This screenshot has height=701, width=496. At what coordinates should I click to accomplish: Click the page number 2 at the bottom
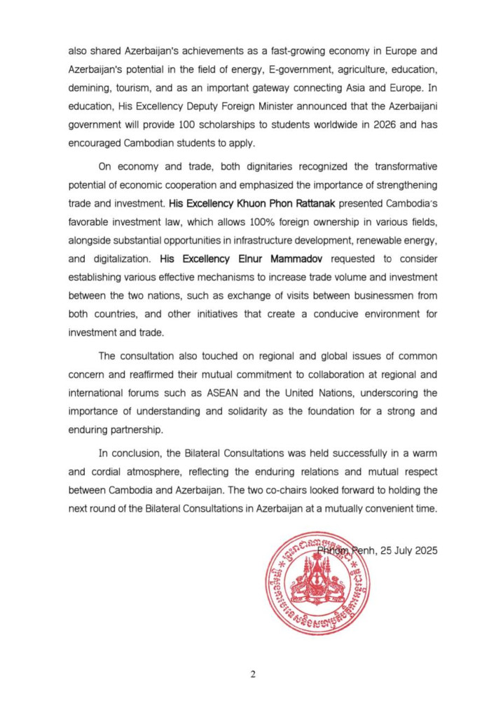click(x=253, y=674)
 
